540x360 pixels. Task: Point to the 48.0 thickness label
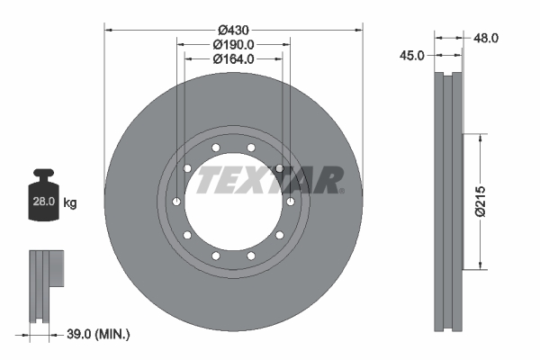click(487, 38)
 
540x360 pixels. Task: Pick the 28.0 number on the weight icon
click(44, 203)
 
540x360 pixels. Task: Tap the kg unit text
click(70, 203)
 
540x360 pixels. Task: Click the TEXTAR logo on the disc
click(269, 179)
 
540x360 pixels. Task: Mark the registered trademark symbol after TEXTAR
click(340, 190)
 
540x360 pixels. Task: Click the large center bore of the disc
click(234, 225)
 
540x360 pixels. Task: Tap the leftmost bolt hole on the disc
click(177, 202)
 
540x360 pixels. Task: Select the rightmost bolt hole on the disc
click(291, 202)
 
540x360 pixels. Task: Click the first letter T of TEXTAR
click(208, 179)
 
